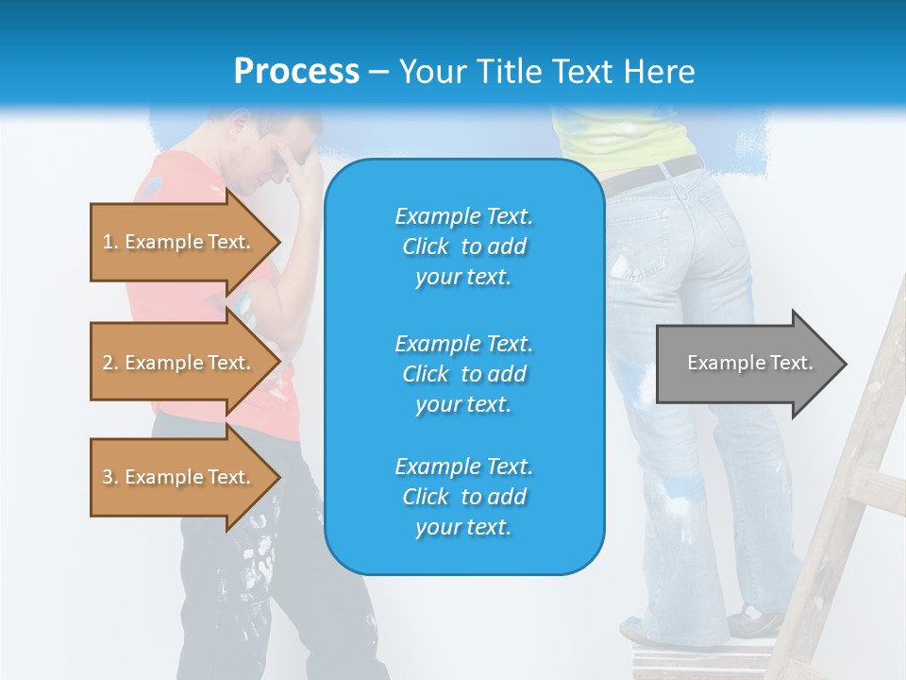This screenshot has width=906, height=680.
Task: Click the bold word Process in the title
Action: click(x=296, y=72)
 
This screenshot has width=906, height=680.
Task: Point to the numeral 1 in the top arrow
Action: click(x=108, y=242)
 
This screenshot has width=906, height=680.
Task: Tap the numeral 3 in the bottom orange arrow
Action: click(x=108, y=477)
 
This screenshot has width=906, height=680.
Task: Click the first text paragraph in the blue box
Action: click(x=463, y=246)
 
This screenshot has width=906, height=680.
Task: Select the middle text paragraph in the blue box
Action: click(x=463, y=373)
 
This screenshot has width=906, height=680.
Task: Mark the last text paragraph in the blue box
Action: click(x=463, y=497)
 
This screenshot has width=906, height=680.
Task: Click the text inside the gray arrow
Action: click(x=749, y=363)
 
